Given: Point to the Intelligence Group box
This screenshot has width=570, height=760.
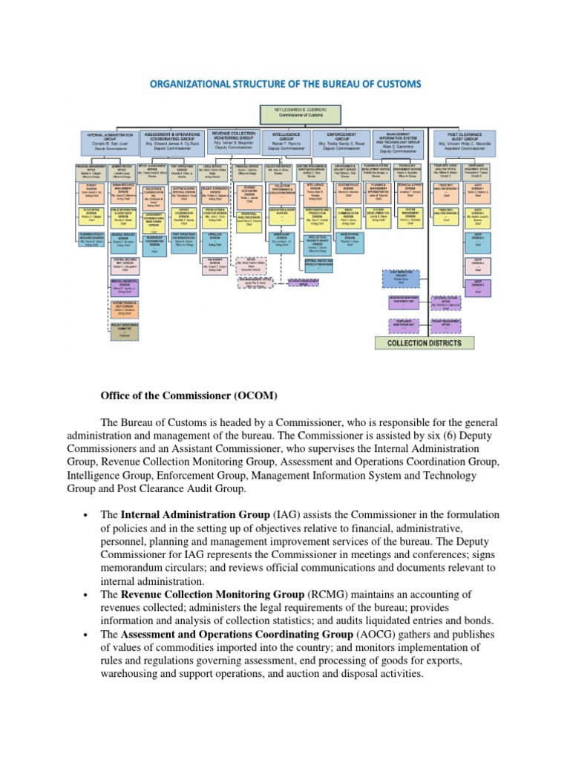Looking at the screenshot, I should (x=288, y=141).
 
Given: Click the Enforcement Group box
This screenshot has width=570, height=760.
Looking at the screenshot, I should (x=341, y=141).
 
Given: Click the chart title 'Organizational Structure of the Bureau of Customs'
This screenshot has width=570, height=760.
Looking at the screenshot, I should (x=286, y=83).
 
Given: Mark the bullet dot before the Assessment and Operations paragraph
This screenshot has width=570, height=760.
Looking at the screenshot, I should (x=88, y=635).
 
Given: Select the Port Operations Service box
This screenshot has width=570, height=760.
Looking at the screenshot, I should (x=183, y=169).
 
